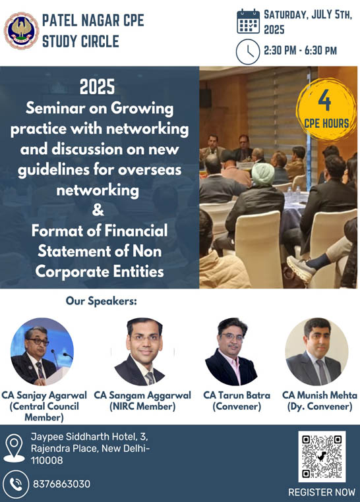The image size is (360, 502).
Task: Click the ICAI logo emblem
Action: (21, 30)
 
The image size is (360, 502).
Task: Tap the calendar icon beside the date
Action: (248, 22)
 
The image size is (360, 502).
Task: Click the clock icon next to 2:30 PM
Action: (248, 51)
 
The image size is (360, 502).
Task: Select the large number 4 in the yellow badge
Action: (324, 100)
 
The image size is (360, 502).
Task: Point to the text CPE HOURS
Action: (326, 124)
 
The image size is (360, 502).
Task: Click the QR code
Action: (322, 457)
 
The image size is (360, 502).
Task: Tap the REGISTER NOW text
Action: (322, 492)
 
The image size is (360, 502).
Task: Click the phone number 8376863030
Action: (61, 484)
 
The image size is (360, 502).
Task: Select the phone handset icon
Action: (15, 484)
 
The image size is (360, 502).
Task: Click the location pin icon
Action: (14, 448)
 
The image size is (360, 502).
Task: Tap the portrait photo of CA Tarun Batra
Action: (231, 352)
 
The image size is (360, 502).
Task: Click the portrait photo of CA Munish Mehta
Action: (316, 352)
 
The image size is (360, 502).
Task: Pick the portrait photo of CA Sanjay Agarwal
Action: (42, 352)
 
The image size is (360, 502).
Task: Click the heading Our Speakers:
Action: (102, 301)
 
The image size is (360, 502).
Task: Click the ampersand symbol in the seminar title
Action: (98, 209)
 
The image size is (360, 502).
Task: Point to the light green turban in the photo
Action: (263, 174)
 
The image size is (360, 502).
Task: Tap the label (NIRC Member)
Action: (142, 406)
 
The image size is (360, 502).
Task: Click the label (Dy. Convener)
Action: (320, 406)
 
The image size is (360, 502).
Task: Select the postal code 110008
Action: (47, 460)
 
